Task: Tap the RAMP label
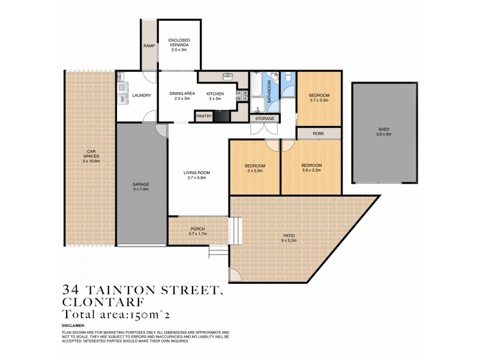pos(149,46)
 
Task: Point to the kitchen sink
pos(227,77)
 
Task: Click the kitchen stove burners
pos(244,98)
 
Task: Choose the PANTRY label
pos(204,116)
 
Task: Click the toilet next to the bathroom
pos(289,77)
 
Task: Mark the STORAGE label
pos(265,119)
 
